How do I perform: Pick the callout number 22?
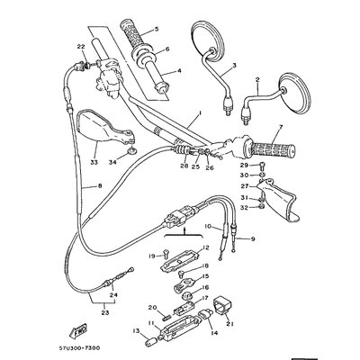80,45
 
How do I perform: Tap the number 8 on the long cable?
75,186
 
